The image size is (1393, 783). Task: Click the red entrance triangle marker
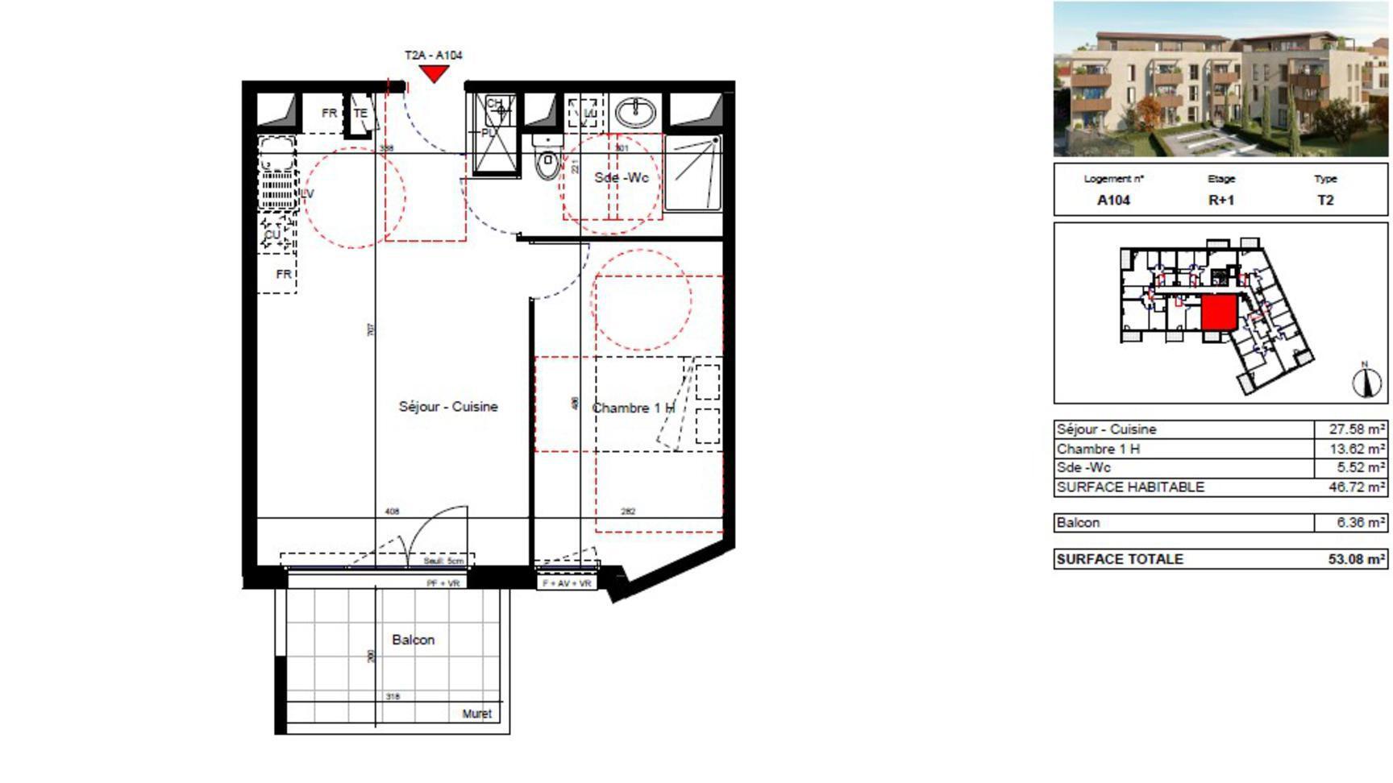coord(435,73)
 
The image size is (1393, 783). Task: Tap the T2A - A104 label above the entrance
coord(434,55)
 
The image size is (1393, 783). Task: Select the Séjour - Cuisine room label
coord(448,407)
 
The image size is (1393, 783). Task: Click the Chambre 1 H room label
coord(633,408)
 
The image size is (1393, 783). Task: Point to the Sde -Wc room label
coord(621,177)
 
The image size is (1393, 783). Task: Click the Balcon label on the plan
coord(413,640)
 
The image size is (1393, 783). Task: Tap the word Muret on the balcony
coord(476,714)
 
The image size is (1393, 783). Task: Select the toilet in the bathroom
coord(547,162)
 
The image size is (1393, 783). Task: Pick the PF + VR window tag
coord(443,582)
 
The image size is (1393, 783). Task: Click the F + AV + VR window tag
coord(567,582)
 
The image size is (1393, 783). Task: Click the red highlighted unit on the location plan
coord(1219,313)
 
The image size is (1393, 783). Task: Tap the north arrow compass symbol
coord(1366,380)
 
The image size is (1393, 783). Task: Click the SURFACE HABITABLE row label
coord(1130,487)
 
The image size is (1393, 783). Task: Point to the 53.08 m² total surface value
coord(1357,559)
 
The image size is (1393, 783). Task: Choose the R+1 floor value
coord(1220,201)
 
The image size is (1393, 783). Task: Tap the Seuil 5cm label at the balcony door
coord(444,561)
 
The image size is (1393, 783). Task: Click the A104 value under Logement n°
coord(1113,201)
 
